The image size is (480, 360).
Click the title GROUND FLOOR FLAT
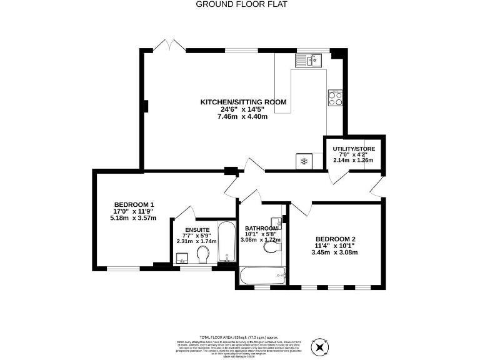click(x=239, y=4)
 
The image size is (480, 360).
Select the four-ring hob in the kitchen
click(x=334, y=97)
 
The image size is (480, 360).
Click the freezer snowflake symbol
click(x=304, y=161)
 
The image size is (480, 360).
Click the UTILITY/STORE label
click(x=354, y=148)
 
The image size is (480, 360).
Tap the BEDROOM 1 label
click(x=134, y=205)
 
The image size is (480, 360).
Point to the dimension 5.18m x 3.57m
click(x=133, y=218)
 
